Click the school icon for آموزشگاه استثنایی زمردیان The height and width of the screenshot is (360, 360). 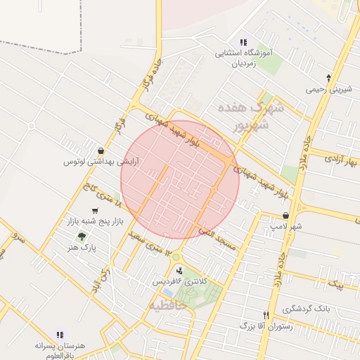243,43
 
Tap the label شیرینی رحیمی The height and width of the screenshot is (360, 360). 328,89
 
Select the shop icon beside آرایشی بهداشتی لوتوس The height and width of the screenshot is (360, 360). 103,150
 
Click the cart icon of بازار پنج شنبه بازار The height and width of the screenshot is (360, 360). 95,211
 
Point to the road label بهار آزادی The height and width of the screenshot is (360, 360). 340,162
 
